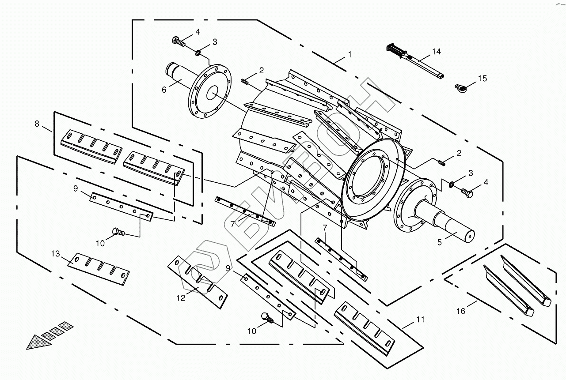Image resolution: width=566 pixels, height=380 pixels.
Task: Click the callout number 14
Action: coord(437,52)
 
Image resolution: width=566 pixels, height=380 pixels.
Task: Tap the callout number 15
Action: coord(482,79)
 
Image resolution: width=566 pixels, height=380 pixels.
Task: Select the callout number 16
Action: coord(461,311)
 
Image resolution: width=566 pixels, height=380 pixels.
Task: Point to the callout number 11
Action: coord(420,320)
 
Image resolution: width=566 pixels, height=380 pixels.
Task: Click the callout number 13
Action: coord(56,254)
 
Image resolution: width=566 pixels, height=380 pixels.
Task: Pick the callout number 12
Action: coord(181,298)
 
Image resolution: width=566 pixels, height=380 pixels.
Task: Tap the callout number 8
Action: coord(37,124)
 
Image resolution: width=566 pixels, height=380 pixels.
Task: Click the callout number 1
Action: coord(349,54)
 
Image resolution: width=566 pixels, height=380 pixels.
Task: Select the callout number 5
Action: coord(439,242)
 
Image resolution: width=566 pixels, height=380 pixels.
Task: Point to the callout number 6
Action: coord(164,90)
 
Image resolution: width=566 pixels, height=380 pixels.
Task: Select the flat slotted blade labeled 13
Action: coord(99,269)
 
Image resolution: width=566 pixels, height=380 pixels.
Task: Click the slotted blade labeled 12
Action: coord(198,282)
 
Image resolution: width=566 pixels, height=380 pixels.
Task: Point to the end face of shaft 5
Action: coord(469,237)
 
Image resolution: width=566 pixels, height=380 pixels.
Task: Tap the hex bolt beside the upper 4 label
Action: coord(179,41)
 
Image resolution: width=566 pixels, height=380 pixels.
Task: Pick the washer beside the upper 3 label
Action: coord(198,53)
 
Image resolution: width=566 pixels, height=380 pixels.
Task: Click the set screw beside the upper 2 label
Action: coord(244,81)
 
